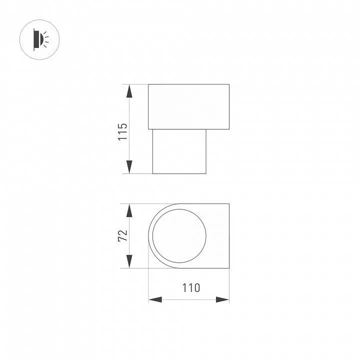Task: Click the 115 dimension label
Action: point(122,132)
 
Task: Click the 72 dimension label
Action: point(122,235)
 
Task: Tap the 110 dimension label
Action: point(191,288)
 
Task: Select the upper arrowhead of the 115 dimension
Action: point(129,91)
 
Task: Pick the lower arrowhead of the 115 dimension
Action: point(129,167)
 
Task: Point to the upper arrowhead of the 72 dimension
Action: point(129,210)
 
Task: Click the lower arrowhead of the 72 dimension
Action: point(129,261)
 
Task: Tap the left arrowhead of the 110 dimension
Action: point(155,299)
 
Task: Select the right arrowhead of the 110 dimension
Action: point(222,299)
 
